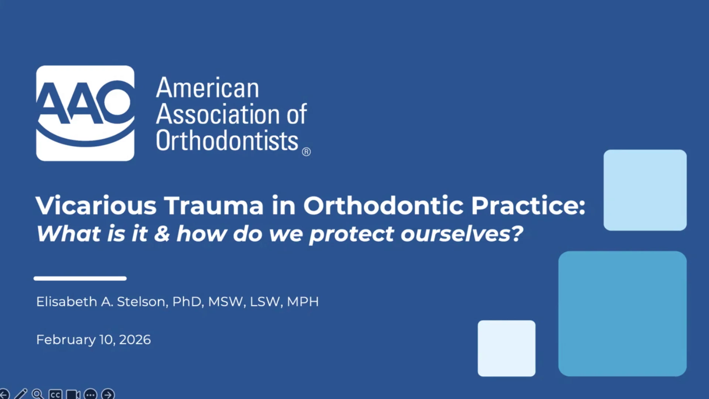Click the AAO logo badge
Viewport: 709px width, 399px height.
85,113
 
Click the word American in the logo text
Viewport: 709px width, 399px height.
208,88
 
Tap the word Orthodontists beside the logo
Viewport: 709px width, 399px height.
227,141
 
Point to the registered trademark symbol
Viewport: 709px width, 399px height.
306,152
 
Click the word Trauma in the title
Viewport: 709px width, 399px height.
214,205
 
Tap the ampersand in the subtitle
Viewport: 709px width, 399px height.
162,234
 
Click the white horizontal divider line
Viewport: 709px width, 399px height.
80,279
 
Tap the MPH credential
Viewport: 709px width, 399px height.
303,302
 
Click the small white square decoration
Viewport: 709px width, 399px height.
507,348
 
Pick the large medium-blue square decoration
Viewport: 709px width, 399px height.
623,314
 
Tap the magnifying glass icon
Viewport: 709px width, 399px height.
37,394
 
